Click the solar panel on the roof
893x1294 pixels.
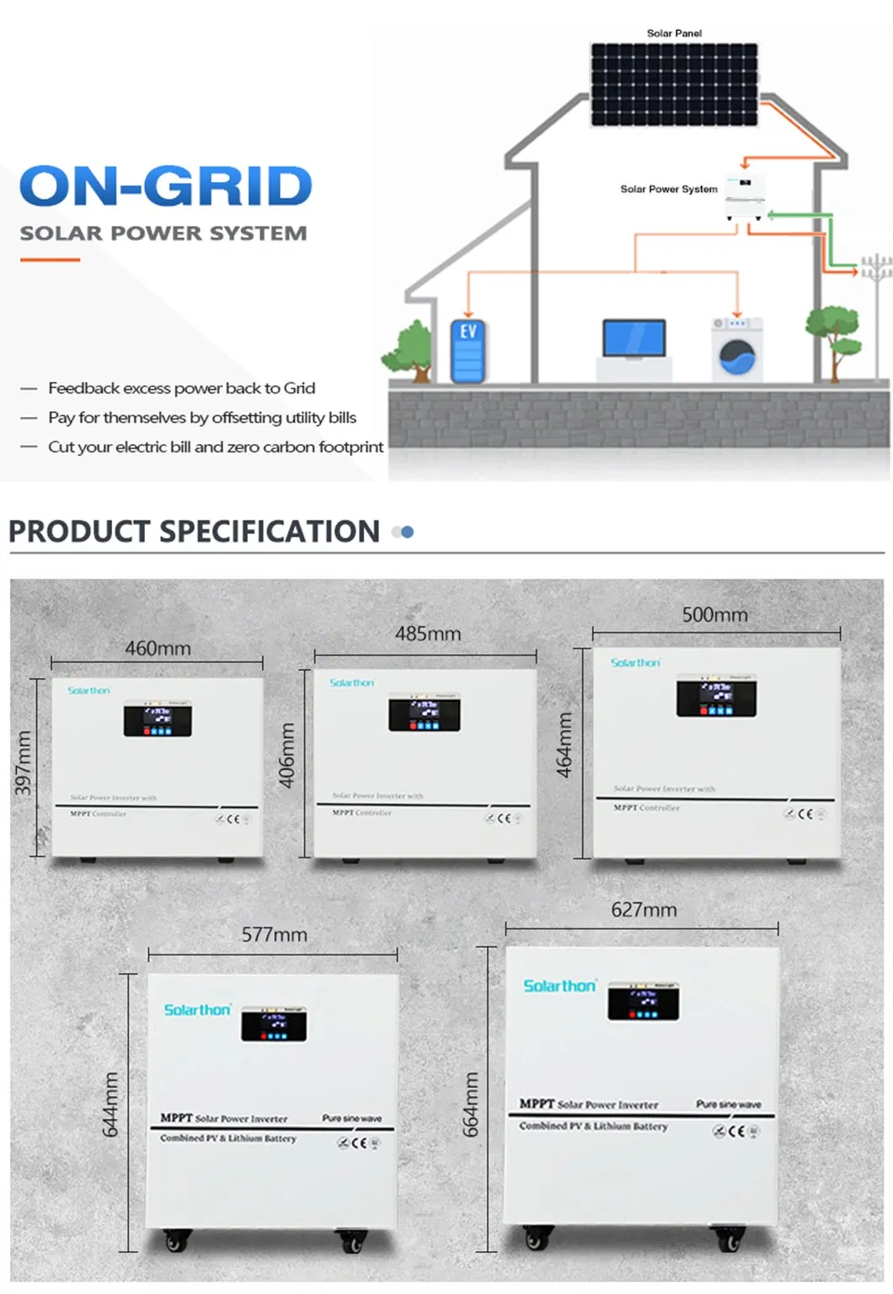pyautogui.click(x=674, y=84)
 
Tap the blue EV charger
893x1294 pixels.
pyautogui.click(x=468, y=350)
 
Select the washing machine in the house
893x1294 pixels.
pyautogui.click(x=737, y=350)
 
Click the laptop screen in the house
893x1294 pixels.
pyautogui.click(x=634, y=337)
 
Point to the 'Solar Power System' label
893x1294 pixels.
pyautogui.click(x=669, y=190)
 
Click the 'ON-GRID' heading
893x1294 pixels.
pyautogui.click(x=166, y=186)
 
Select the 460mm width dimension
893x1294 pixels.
pyautogui.click(x=158, y=649)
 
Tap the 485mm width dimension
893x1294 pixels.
pyautogui.click(x=428, y=634)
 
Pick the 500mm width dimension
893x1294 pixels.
pyautogui.click(x=714, y=615)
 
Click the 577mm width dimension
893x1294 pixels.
pyautogui.click(x=274, y=934)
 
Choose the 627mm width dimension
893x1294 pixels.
pyautogui.click(x=644, y=910)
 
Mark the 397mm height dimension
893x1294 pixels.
pyautogui.click(x=24, y=763)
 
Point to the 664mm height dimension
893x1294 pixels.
pyautogui.click(x=470, y=1104)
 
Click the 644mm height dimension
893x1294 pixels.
pyautogui.click(x=110, y=1104)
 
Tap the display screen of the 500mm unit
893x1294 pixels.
pyautogui.click(x=716, y=697)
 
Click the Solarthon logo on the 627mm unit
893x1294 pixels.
pyautogui.click(x=559, y=986)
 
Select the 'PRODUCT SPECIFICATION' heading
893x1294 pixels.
pyautogui.click(x=194, y=532)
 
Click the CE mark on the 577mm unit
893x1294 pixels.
pyautogui.click(x=360, y=1143)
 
